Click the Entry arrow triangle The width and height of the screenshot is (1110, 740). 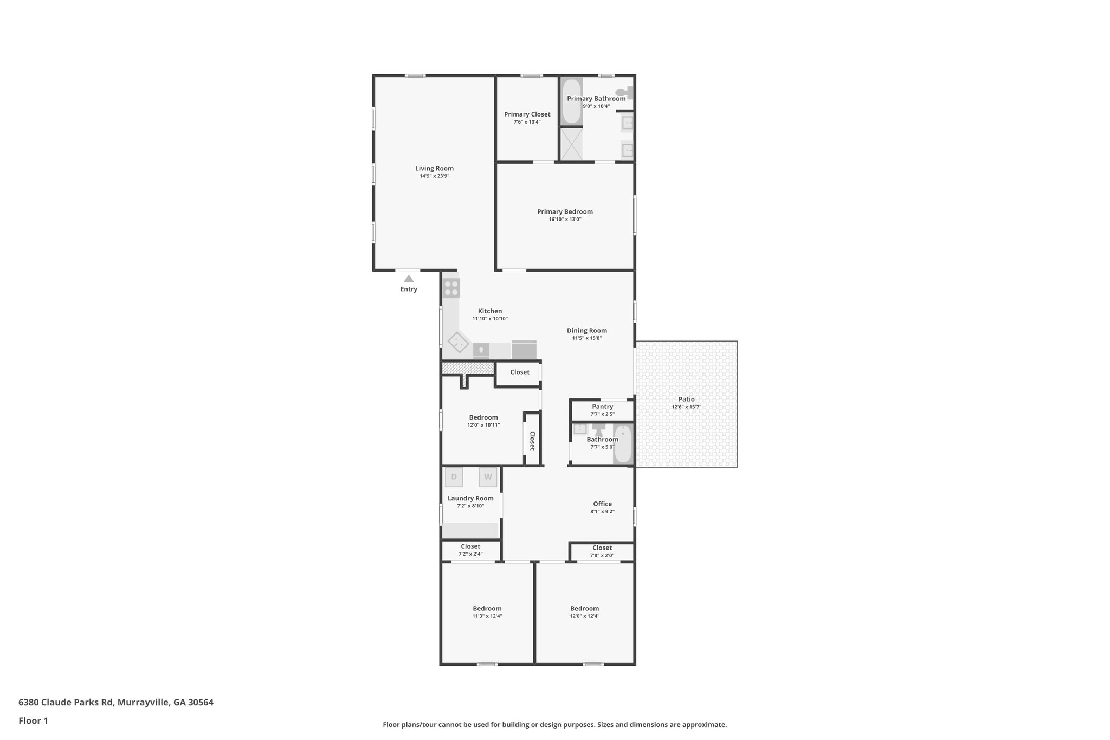pyautogui.click(x=409, y=279)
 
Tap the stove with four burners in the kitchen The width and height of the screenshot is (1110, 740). pyautogui.click(x=451, y=288)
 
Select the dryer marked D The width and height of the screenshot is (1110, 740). pyautogui.click(x=454, y=477)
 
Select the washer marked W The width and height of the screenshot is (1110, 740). pyautogui.click(x=488, y=477)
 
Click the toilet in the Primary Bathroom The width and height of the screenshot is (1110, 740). pyautogui.click(x=624, y=92)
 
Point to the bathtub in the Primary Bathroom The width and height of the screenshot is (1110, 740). pyautogui.click(x=571, y=101)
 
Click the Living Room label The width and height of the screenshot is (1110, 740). pyautogui.click(x=434, y=168)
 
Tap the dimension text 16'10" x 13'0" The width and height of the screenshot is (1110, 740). pyautogui.click(x=565, y=220)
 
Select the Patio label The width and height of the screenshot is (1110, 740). pyautogui.click(x=686, y=399)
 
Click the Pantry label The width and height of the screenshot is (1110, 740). pyautogui.click(x=602, y=406)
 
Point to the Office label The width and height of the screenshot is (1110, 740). pyautogui.click(x=602, y=504)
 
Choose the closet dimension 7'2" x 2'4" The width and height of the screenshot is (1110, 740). pyautogui.click(x=470, y=554)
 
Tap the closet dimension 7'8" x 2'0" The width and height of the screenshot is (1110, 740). pyautogui.click(x=602, y=555)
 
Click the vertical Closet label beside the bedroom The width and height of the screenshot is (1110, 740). pyautogui.click(x=532, y=440)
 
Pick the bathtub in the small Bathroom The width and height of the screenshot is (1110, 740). pyautogui.click(x=623, y=445)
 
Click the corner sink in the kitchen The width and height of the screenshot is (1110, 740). pyautogui.click(x=459, y=343)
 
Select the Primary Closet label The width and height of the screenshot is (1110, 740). pyautogui.click(x=527, y=114)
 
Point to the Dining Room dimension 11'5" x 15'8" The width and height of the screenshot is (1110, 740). pyautogui.click(x=586, y=338)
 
